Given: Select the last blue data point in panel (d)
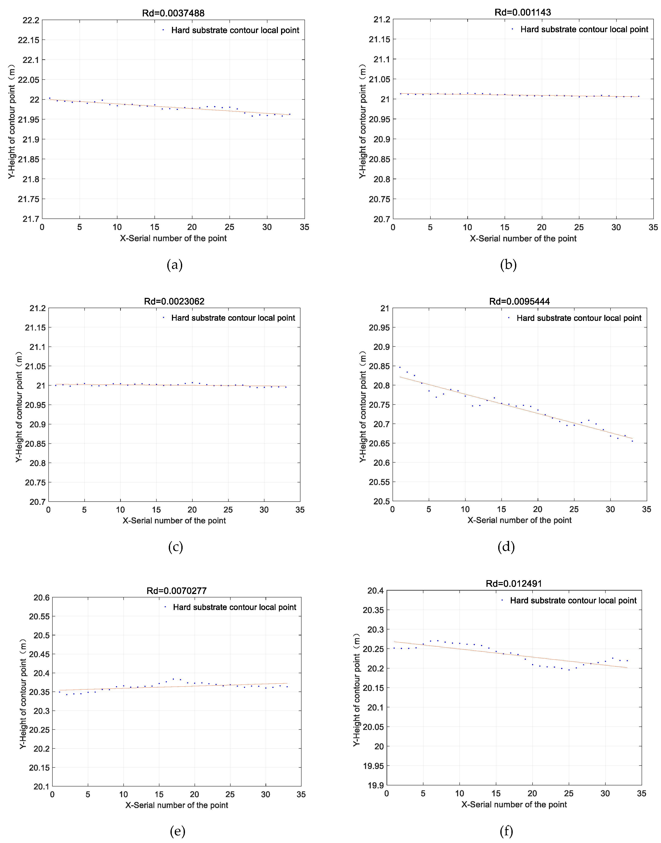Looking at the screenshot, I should (632, 441).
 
